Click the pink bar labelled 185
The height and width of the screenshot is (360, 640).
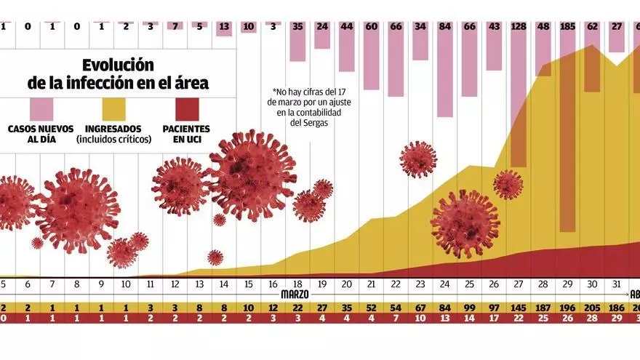click(x=568, y=131)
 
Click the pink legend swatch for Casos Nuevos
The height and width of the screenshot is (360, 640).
click(x=41, y=108)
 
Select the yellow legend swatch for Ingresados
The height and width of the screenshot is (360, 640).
click(x=113, y=108)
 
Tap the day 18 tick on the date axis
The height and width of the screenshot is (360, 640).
click(x=297, y=284)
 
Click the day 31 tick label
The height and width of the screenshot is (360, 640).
click(x=617, y=284)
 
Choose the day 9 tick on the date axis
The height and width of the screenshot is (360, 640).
click(x=101, y=284)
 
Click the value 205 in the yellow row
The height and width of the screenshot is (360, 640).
click(x=592, y=308)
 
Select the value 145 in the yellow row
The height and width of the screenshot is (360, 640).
click(x=519, y=308)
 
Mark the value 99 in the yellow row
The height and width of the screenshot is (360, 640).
click(x=469, y=308)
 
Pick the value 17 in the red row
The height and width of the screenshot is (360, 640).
click(x=494, y=318)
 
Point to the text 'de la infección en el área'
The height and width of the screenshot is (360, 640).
click(x=118, y=83)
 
